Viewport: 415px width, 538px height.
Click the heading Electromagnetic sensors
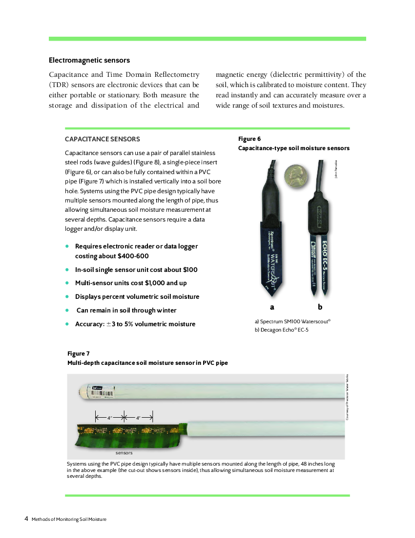[89, 61]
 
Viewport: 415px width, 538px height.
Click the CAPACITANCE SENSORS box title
[103, 139]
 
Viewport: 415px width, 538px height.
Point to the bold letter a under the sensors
[272, 307]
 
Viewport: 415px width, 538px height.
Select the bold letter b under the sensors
[320, 307]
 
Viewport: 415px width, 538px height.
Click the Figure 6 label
[249, 139]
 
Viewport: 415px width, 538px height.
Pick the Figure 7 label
[79, 354]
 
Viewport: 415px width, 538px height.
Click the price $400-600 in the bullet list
[133, 256]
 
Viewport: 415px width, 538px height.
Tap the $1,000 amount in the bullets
[155, 283]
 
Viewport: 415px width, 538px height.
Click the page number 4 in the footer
[26, 519]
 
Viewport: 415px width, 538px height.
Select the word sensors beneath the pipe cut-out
[124, 453]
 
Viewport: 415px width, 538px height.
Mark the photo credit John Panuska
[336, 170]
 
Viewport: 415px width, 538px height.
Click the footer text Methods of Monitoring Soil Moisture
[69, 519]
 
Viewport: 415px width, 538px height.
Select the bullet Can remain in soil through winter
[126, 311]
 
